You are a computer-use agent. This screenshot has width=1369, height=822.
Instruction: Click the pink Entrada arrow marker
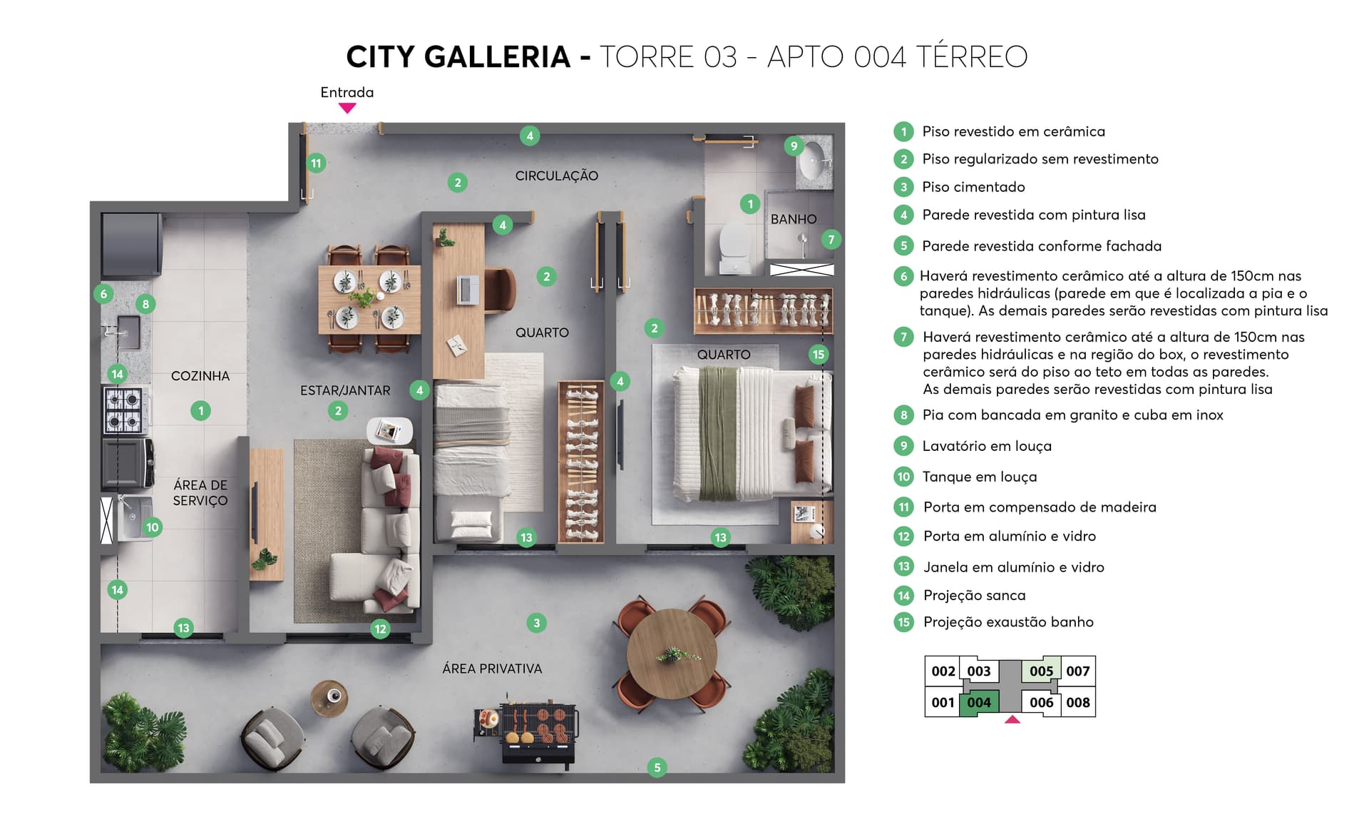click(x=347, y=108)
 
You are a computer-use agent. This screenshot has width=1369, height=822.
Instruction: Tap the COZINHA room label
click(x=200, y=376)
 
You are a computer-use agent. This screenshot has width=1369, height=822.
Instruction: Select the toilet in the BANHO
click(x=734, y=247)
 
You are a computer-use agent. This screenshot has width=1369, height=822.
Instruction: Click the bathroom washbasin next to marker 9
click(x=812, y=162)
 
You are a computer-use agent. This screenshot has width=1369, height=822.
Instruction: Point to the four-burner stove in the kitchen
click(x=124, y=410)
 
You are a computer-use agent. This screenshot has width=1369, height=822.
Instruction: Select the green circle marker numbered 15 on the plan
click(x=819, y=355)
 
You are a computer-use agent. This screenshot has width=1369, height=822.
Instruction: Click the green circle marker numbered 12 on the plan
click(x=380, y=629)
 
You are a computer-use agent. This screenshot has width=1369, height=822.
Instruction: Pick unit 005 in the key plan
click(x=1041, y=671)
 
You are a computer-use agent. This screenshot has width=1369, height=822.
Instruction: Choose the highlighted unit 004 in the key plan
click(x=979, y=703)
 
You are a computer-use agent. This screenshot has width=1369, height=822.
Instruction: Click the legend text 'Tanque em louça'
click(x=979, y=477)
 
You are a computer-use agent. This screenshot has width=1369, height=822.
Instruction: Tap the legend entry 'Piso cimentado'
click(x=973, y=187)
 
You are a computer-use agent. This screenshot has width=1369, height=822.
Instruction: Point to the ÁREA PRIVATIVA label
click(x=492, y=669)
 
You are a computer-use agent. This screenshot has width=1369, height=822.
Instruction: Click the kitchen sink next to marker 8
click(x=128, y=331)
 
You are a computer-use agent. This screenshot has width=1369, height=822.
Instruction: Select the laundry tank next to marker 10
click(x=131, y=517)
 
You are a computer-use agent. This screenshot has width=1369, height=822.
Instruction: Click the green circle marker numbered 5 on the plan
click(x=657, y=768)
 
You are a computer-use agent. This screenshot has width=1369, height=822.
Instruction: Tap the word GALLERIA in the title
click(x=498, y=57)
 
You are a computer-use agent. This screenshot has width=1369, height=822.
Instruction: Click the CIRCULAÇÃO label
click(x=557, y=176)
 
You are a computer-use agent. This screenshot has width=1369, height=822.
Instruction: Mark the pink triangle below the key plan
click(x=1012, y=720)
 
